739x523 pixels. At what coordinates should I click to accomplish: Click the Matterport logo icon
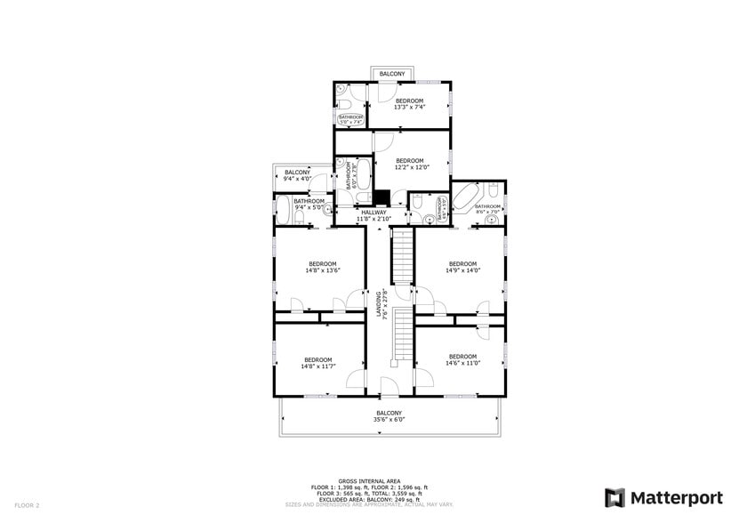pos(614,497)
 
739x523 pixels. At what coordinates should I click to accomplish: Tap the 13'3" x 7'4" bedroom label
pos(410,103)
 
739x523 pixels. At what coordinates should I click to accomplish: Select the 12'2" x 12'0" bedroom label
pos(412,164)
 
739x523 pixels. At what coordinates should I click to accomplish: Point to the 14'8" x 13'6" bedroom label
pos(322,266)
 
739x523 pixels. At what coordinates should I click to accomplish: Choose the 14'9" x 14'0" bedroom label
pos(462,266)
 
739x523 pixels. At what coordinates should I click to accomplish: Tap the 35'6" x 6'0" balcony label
pos(389,416)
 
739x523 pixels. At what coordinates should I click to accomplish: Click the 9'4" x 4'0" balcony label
pos(297,175)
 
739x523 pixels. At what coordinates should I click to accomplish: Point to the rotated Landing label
pos(380,302)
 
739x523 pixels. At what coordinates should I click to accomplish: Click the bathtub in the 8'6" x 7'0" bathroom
pos(467,197)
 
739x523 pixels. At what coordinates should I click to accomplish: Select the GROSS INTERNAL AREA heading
pos(369,480)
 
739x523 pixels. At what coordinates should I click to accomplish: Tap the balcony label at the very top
pos(392,74)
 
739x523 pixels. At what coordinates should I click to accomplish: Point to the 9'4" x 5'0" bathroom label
pos(309,204)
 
